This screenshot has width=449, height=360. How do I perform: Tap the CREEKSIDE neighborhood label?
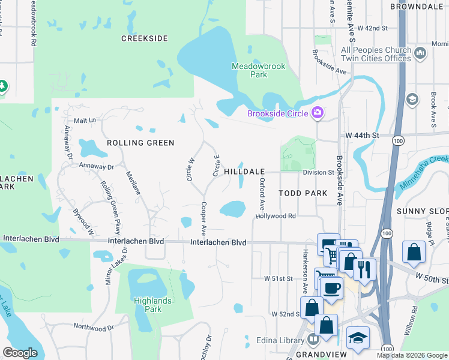[144, 38]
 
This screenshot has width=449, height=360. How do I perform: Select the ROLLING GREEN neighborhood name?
[140, 143]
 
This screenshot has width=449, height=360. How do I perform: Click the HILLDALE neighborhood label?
[244, 172]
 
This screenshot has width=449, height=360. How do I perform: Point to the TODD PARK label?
[303, 193]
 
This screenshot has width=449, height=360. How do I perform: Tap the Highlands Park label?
[153, 305]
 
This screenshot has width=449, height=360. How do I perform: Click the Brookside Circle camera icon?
[318, 112]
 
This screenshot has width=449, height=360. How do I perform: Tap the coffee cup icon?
[331, 287]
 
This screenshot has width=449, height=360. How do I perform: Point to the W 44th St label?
[363, 136]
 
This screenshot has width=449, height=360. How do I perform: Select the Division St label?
[318, 172]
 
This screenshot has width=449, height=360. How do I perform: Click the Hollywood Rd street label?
[276, 216]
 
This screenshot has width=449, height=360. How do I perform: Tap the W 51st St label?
[278, 279]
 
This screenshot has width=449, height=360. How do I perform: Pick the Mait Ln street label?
[84, 121]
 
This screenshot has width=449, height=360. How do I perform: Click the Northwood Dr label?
[93, 328]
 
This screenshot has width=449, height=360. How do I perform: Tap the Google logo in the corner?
[20, 353]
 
